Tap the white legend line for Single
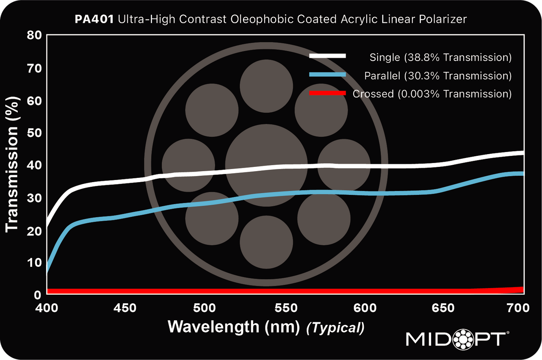coord(328,56)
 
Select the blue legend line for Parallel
coord(328,75)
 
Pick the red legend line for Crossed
coord(328,93)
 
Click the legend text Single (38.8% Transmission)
coord(440,57)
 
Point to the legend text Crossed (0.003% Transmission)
coord(432,94)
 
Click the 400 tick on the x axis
coord(47,308)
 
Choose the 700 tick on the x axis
coord(519,308)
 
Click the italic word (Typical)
coord(335,328)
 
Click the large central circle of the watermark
coord(266,165)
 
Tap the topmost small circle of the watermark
coord(266,86)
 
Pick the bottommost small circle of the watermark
coord(266,242)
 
